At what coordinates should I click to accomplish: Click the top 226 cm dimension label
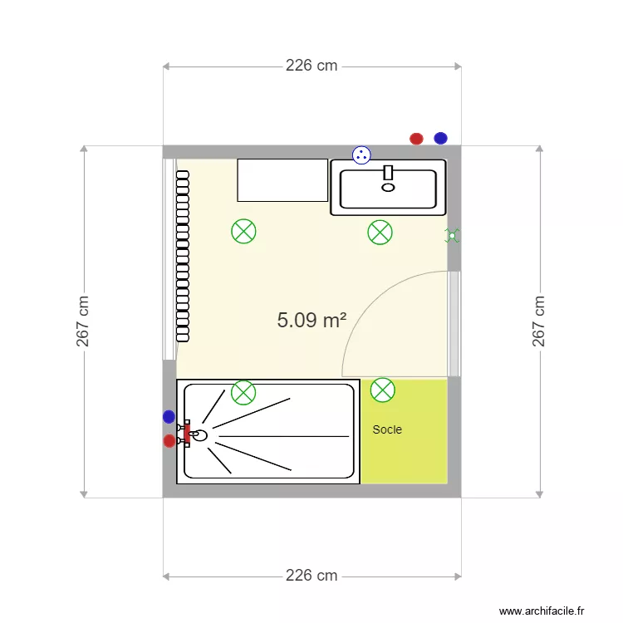pyautogui.click(x=311, y=66)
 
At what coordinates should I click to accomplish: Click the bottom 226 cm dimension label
pyautogui.click(x=311, y=575)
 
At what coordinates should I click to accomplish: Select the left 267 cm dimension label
pyautogui.click(x=83, y=321)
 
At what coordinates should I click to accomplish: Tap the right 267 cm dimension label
pyautogui.click(x=539, y=321)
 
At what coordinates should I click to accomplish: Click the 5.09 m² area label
pyautogui.click(x=311, y=320)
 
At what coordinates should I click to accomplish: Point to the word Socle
pyautogui.click(x=387, y=429)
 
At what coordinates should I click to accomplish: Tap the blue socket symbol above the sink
pyautogui.click(x=361, y=154)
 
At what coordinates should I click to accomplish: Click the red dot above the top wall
pyautogui.click(x=416, y=139)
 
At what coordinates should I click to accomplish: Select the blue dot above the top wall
pyautogui.click(x=440, y=138)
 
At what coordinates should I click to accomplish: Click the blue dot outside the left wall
pyautogui.click(x=169, y=417)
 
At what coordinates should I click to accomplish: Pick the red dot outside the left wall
pyautogui.click(x=169, y=440)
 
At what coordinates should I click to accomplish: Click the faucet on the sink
pyautogui.click(x=388, y=173)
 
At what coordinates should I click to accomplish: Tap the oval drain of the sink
pyautogui.click(x=388, y=187)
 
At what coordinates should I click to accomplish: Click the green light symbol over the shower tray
pyautogui.click(x=243, y=392)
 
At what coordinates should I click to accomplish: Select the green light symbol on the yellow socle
pyautogui.click(x=383, y=389)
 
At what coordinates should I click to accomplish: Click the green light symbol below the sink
pyautogui.click(x=380, y=233)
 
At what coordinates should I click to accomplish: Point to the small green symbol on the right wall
pyautogui.click(x=452, y=236)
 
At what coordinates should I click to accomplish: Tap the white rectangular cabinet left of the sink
pyautogui.click(x=282, y=180)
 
